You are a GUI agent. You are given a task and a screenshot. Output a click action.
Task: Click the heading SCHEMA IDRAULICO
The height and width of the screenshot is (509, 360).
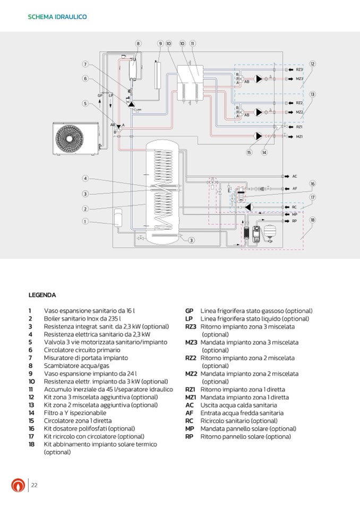(57, 17)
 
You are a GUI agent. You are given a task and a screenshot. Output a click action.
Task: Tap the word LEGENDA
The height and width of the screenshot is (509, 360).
(42, 295)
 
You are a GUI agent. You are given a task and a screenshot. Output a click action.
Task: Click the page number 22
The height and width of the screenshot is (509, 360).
(34, 485)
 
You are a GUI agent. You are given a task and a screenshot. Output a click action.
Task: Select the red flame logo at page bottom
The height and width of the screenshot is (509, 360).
(18, 485)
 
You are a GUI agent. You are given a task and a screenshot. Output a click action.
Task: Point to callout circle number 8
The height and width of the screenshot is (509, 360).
(138, 44)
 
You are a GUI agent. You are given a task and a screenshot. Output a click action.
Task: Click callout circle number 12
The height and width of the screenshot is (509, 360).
(313, 64)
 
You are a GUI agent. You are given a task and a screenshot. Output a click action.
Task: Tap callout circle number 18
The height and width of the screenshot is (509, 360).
(313, 220)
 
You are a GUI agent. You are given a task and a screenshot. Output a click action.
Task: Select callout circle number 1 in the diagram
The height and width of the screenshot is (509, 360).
(84, 221)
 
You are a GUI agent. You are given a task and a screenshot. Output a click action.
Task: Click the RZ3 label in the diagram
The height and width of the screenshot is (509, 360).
(299, 70)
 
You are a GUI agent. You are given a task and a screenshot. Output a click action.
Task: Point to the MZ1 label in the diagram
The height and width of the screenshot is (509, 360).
(299, 136)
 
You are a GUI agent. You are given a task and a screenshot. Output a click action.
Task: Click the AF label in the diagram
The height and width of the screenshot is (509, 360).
(295, 188)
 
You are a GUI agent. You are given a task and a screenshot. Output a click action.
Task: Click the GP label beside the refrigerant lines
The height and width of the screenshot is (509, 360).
(100, 96)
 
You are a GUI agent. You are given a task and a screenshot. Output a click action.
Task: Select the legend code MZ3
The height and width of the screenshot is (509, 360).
(191, 342)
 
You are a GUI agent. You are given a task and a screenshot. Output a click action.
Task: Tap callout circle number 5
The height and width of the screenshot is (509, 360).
(85, 103)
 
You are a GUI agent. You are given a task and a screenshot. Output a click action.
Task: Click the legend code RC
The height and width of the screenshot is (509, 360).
(189, 421)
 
